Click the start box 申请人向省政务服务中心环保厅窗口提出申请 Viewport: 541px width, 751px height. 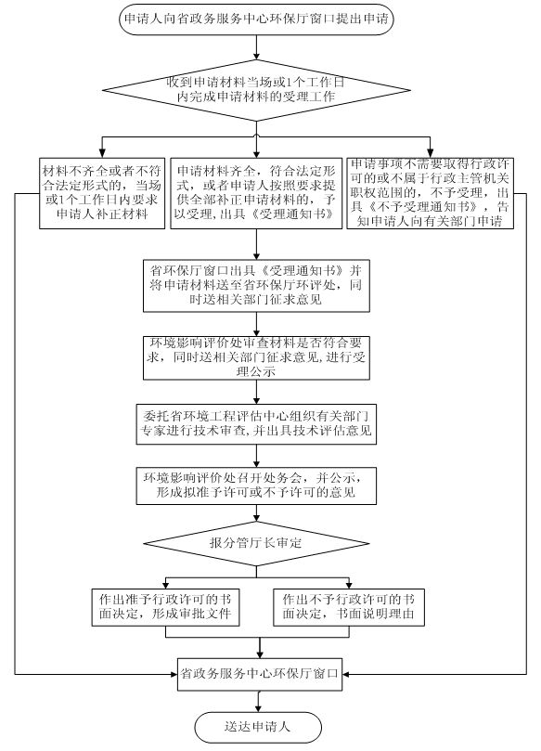256,19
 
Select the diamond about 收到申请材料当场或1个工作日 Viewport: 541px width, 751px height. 256,90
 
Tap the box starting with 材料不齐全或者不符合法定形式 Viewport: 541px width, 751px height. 102,193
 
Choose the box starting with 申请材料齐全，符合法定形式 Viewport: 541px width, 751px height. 256,193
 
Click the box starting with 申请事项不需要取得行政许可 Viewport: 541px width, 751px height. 430,193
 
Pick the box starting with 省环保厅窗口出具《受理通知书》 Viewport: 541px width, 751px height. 256,286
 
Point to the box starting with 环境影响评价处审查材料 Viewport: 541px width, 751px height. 256,357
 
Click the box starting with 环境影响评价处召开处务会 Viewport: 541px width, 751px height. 256,486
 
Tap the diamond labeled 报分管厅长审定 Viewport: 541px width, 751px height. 256,543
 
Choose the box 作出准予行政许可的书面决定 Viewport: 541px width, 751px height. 165,607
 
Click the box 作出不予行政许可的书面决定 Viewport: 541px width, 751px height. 349,607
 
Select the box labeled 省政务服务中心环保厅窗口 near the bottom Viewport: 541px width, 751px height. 260,674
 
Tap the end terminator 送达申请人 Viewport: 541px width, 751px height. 258,727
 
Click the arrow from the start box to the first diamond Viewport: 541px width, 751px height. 257,47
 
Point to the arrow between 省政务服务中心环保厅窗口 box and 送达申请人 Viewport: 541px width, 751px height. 259,701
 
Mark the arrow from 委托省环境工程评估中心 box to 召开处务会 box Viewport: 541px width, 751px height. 257,456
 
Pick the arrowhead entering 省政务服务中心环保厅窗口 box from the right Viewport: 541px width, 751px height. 346,674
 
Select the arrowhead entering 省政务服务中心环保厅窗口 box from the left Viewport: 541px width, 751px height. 174,674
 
